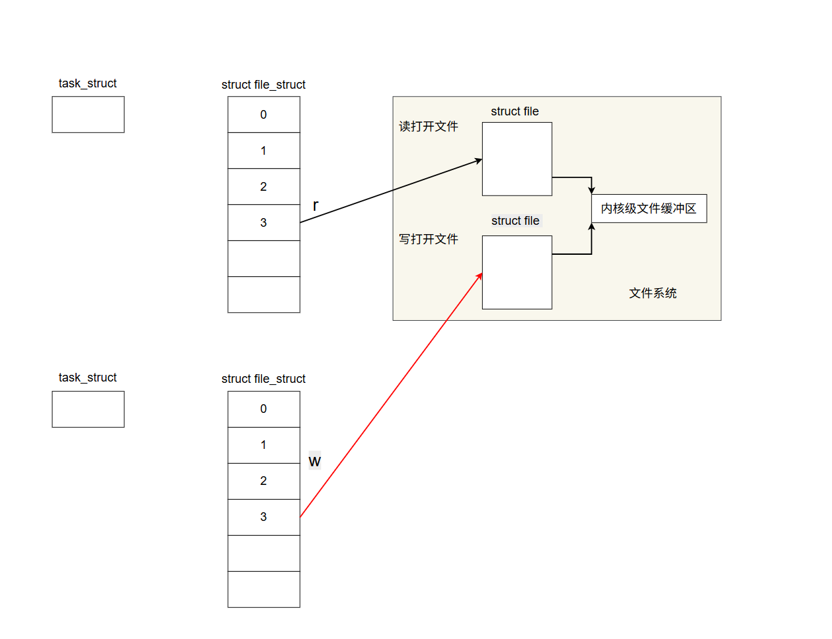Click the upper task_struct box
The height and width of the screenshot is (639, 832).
coord(88,114)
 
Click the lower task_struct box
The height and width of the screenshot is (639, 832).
coord(88,409)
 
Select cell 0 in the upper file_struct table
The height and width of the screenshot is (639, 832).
coord(263,115)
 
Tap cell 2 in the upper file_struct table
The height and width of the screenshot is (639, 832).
coord(263,187)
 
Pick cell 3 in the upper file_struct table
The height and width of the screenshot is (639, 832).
coord(263,223)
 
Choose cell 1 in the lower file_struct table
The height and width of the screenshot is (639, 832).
coord(263,445)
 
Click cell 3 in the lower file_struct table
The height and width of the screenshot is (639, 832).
coord(263,517)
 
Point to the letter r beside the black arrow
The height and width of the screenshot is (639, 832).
coord(315,205)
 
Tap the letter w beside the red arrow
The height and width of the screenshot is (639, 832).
coord(315,461)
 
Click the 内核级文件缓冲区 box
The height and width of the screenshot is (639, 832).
coord(649,209)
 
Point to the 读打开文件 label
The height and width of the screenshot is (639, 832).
coord(429,127)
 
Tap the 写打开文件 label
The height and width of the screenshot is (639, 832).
coord(429,239)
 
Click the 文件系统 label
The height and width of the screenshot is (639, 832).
coord(653,293)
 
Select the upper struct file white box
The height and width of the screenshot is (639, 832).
coord(517,159)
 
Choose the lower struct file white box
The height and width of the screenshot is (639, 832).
coord(517,272)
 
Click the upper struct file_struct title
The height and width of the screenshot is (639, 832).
coord(263,85)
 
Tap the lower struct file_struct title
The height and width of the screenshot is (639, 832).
coord(263,379)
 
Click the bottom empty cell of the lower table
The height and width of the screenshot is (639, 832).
coord(263,589)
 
